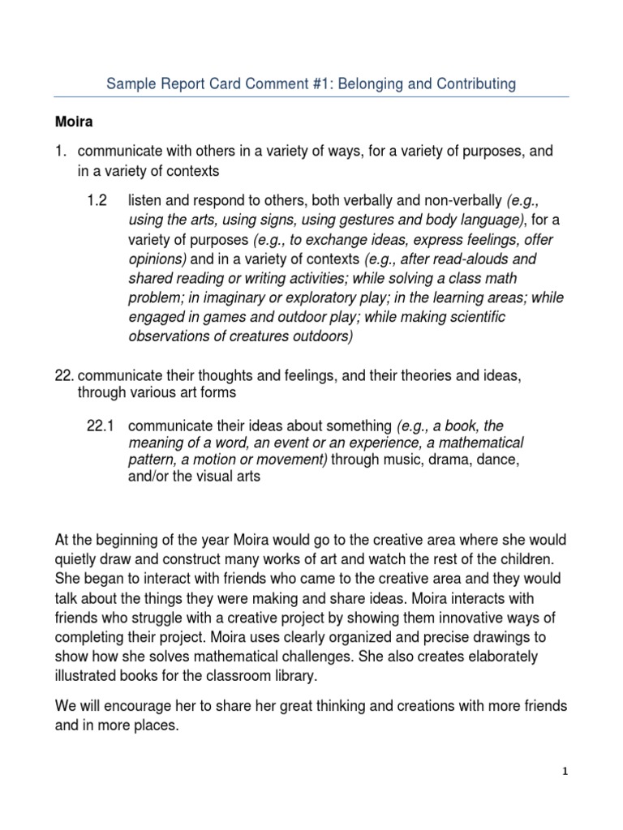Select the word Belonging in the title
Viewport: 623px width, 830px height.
point(363,83)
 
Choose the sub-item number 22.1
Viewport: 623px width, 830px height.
point(101,426)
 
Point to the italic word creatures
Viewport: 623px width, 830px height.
point(262,336)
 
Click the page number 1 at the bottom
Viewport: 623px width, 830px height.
point(566,772)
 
